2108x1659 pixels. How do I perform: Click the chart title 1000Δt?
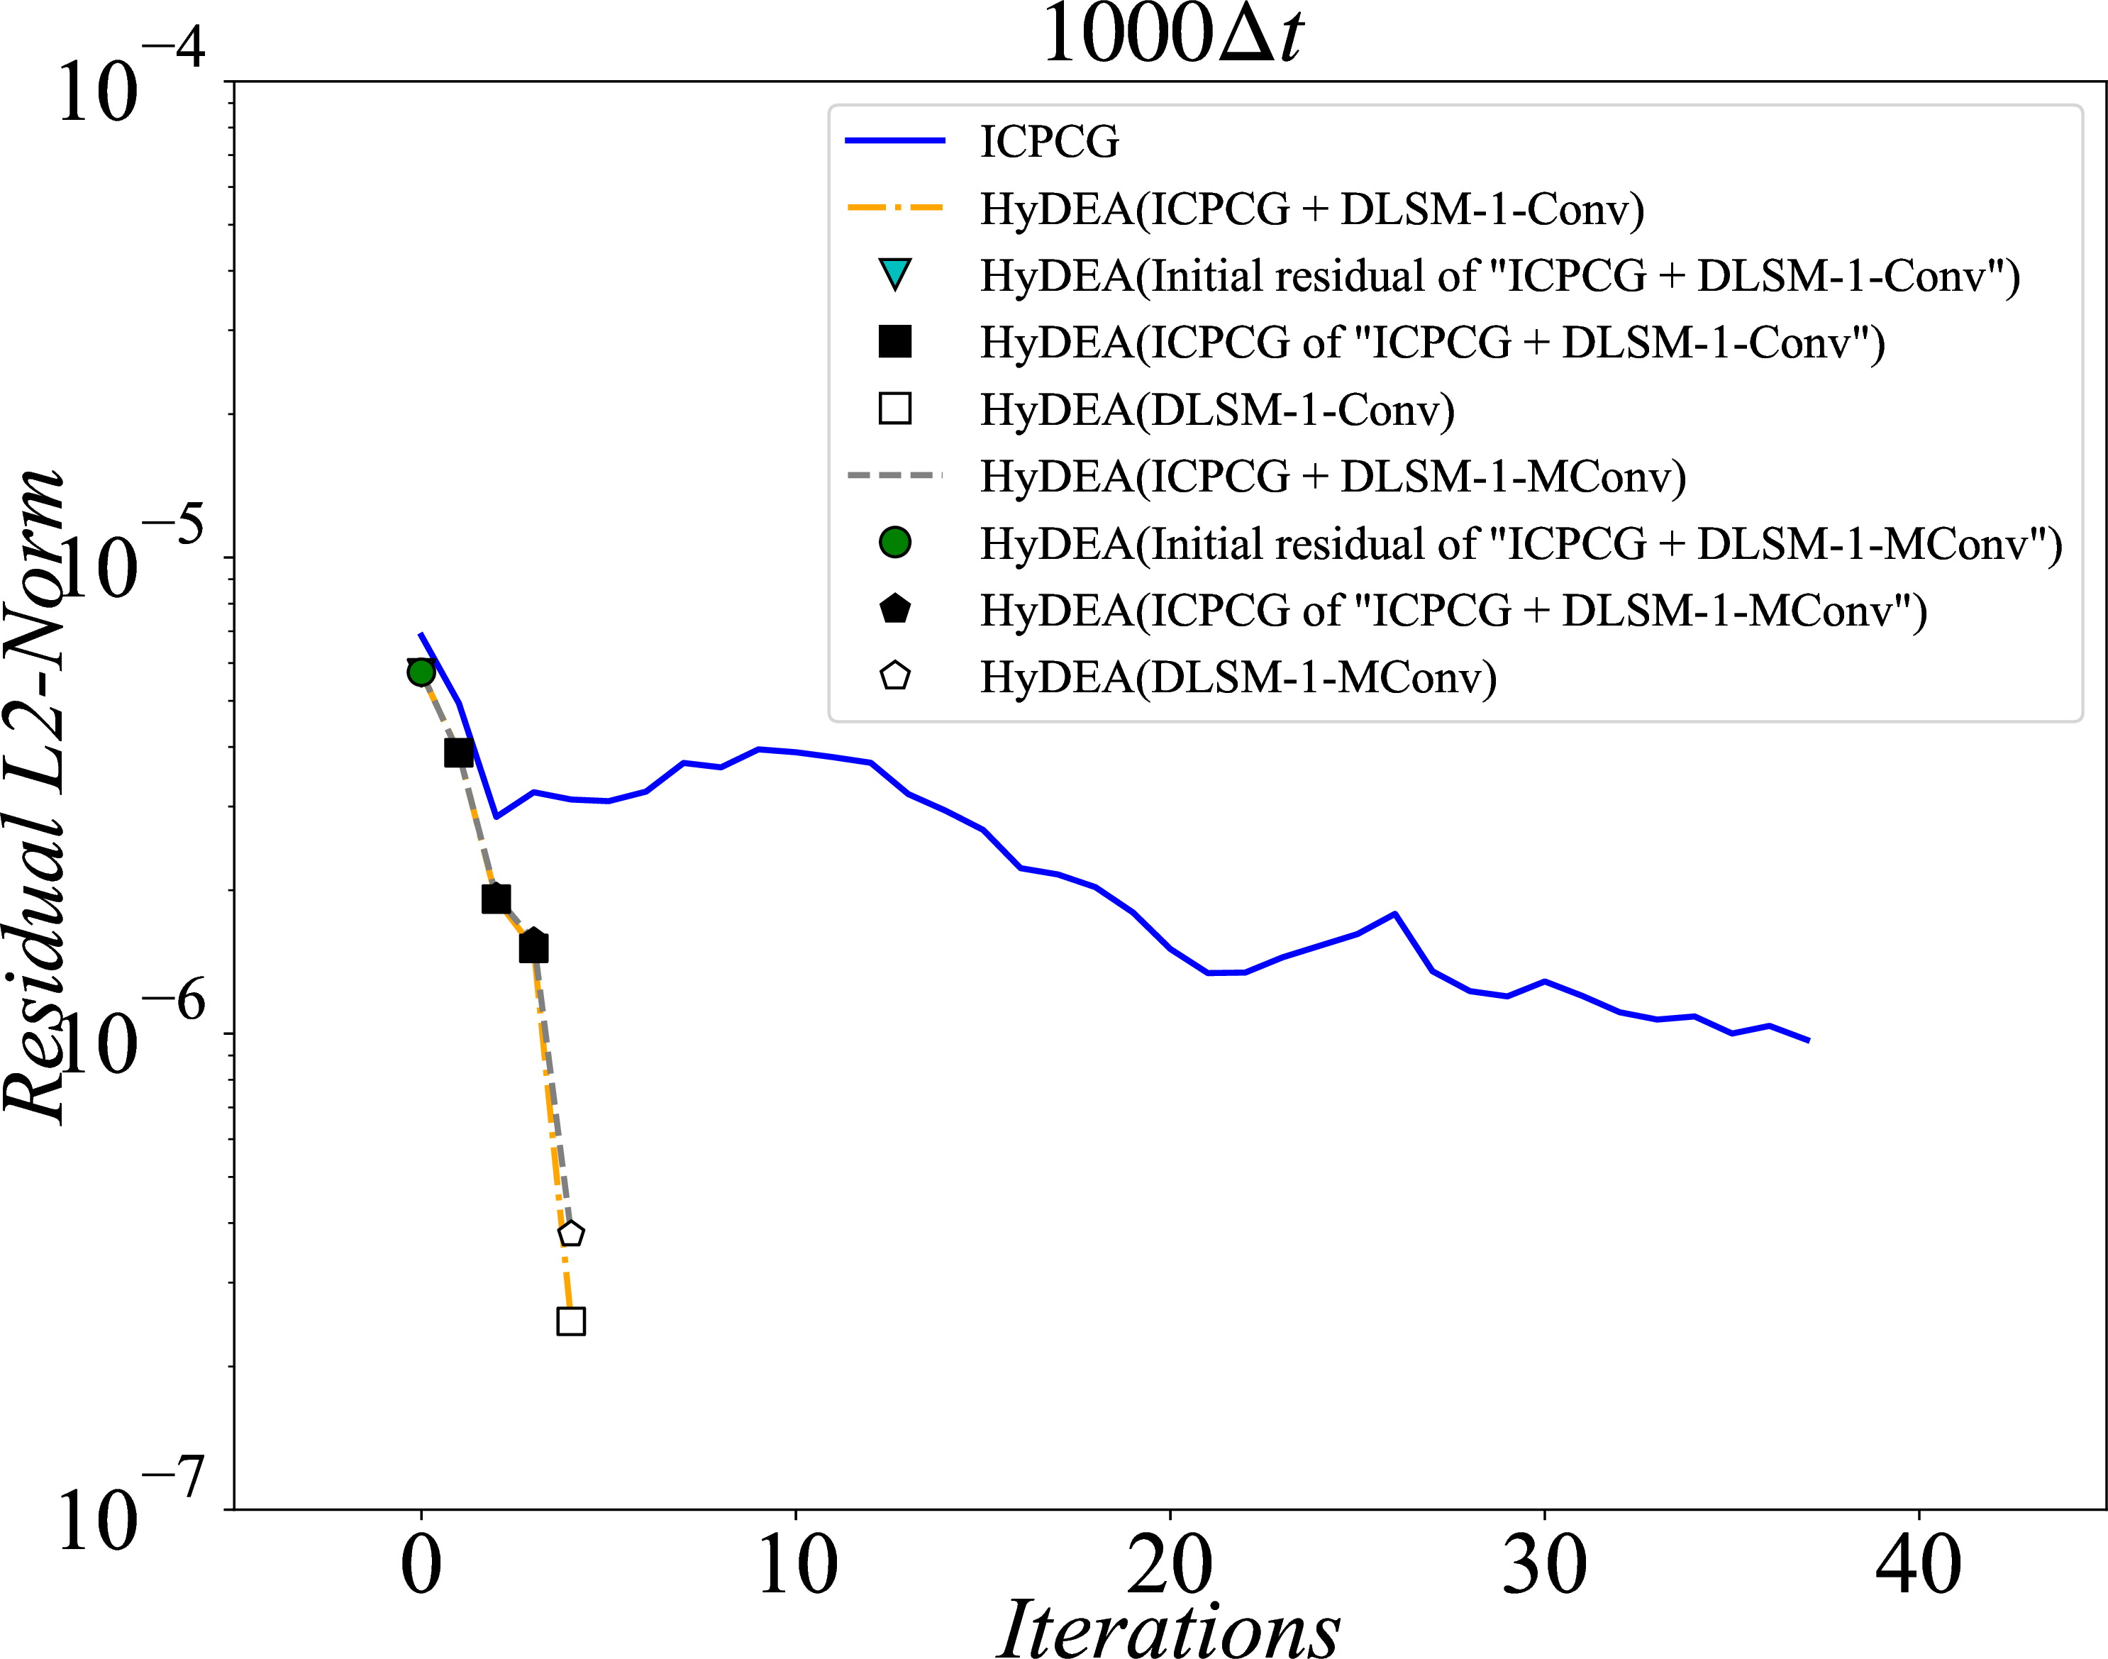pos(1172,35)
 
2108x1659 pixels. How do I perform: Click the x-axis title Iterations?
pos(1170,1628)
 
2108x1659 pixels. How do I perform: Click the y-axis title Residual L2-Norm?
pos(35,797)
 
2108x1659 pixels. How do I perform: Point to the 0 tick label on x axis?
pos(421,1566)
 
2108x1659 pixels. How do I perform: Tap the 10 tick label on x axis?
pos(796,1566)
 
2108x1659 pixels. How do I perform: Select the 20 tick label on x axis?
pos(1170,1566)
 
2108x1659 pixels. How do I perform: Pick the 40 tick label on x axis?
pos(1919,1566)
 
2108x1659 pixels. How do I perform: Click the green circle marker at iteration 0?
pos(421,672)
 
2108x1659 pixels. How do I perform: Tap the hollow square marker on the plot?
pos(571,1321)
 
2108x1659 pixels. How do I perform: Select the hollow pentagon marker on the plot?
pos(571,1233)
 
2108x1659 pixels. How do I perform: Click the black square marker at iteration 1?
pos(458,753)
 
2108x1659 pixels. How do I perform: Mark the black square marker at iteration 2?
pos(497,899)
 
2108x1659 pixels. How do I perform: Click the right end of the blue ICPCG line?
pos(1808,1041)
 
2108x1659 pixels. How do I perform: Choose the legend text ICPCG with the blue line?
pos(1049,142)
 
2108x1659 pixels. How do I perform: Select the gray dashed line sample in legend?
pos(894,476)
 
